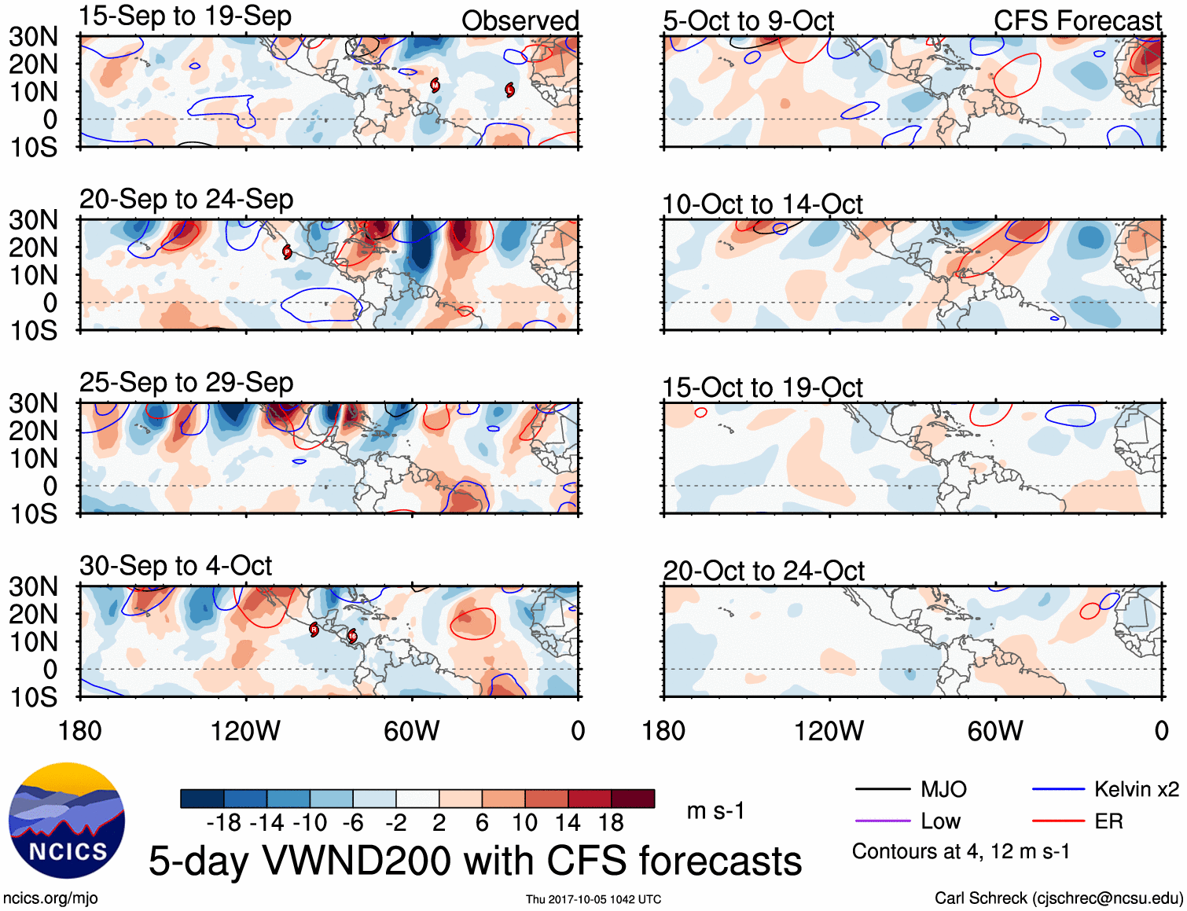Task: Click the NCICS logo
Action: pos(67,820)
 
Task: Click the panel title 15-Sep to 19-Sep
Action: pos(186,16)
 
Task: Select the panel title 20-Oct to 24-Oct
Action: pos(763,571)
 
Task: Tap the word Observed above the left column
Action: pos(520,20)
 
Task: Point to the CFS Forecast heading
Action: pos(1077,20)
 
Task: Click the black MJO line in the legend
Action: pos(882,789)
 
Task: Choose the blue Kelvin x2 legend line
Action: pos(1058,789)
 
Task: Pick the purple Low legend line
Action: pos(882,821)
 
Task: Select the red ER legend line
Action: pos(1058,821)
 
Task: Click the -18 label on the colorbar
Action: pos(223,823)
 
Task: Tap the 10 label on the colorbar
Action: pos(524,823)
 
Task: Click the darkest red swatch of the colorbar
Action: pos(633,799)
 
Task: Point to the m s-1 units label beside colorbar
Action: pos(715,810)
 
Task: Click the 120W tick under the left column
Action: pos(245,731)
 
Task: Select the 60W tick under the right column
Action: pos(995,731)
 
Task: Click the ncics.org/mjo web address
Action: pos(50,898)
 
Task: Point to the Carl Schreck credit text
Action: pos(1058,898)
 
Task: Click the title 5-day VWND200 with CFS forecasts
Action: pos(475,861)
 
